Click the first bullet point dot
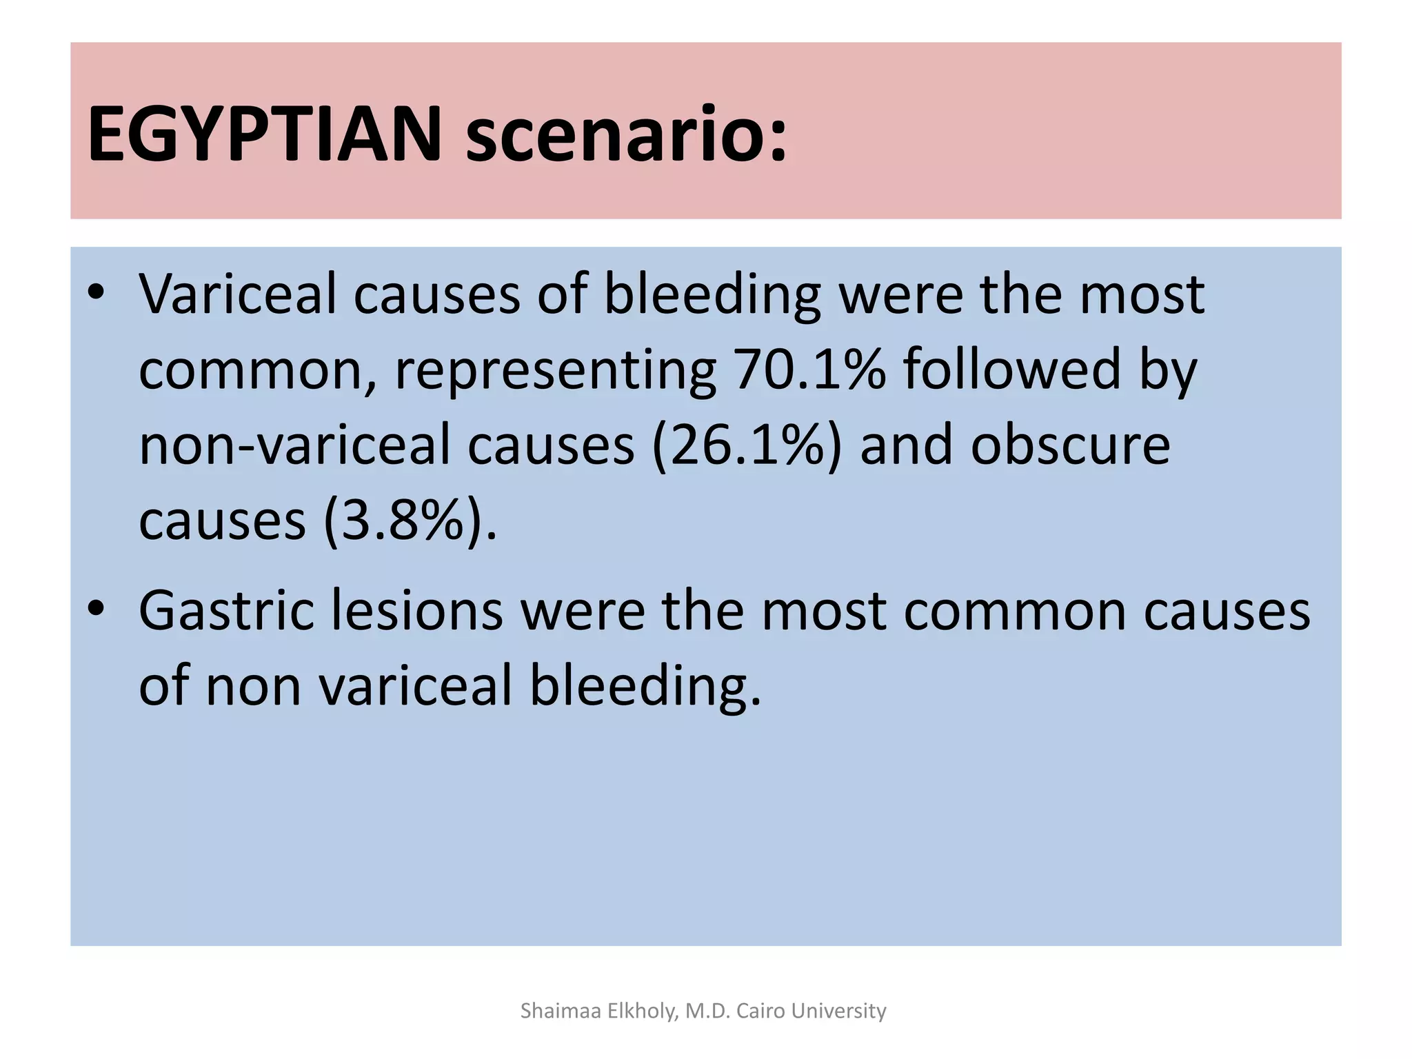click(96, 294)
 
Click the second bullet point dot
click(96, 609)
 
